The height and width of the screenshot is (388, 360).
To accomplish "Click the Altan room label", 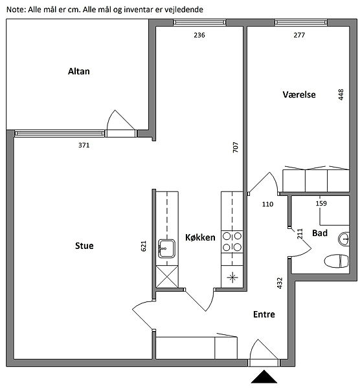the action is [x=79, y=71].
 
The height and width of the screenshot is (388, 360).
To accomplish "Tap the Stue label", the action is [x=84, y=246].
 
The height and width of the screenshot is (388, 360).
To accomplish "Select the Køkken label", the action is [x=200, y=237].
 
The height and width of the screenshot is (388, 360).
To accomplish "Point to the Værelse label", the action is [x=299, y=94].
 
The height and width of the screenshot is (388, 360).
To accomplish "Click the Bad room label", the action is [x=320, y=233].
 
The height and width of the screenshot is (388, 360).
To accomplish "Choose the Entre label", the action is [x=264, y=314].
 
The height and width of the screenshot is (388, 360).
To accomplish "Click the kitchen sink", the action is [x=167, y=248].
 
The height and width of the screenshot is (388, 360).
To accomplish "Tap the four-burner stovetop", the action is [x=232, y=242].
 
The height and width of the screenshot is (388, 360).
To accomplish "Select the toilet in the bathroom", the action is [x=336, y=261].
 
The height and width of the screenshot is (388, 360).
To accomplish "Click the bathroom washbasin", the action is [x=344, y=239].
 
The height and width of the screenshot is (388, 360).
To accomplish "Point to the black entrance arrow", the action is [x=264, y=376].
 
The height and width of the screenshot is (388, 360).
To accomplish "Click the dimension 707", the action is [x=236, y=147].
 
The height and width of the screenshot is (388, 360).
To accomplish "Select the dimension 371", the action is [x=84, y=145].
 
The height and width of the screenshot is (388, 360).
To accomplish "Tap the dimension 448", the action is [x=341, y=94].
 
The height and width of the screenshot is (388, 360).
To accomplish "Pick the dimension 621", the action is [x=144, y=246].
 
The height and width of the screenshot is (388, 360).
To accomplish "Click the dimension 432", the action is [x=279, y=283].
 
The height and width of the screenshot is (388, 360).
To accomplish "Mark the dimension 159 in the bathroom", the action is [x=321, y=204].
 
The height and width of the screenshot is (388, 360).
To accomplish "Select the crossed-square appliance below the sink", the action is [x=167, y=277].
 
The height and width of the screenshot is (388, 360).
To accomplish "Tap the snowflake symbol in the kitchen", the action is [x=232, y=277].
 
